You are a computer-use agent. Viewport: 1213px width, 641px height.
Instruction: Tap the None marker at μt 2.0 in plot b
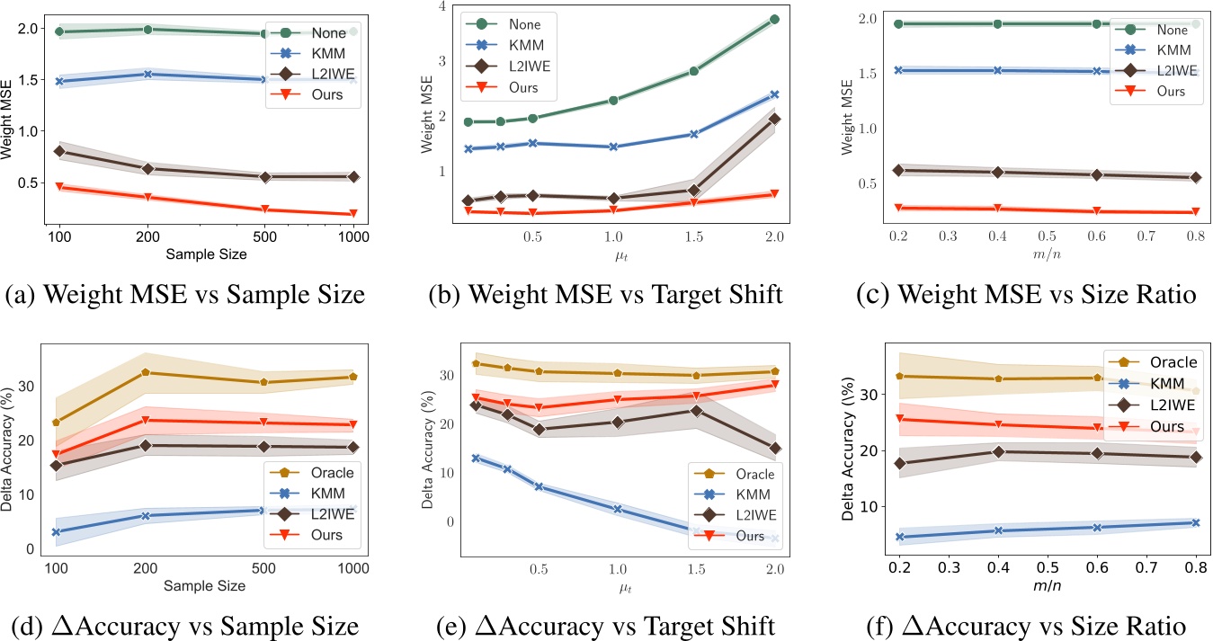click(x=774, y=19)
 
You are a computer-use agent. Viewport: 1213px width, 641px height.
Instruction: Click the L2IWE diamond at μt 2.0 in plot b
click(x=774, y=119)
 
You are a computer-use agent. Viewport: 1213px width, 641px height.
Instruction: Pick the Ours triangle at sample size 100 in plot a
click(x=59, y=187)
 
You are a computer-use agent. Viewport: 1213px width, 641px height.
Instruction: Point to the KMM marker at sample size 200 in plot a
click(x=147, y=75)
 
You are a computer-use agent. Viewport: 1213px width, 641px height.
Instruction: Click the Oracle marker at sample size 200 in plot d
click(x=147, y=372)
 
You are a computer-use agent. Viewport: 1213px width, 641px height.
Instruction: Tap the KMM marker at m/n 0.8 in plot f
click(x=1195, y=522)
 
